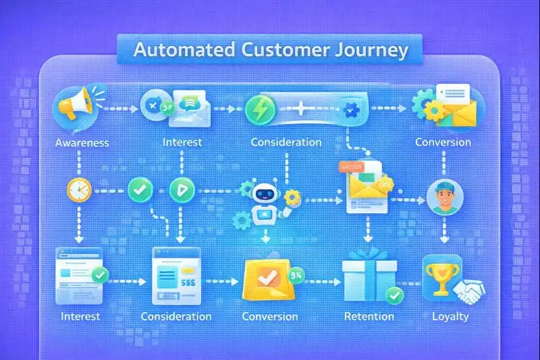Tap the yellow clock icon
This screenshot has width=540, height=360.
tap(78, 190)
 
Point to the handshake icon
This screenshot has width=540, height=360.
tap(466, 292)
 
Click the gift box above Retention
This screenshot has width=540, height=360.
tap(364, 277)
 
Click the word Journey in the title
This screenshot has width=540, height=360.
tap(373, 51)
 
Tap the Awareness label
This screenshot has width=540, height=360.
tap(82, 143)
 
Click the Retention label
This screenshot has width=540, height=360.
tap(369, 316)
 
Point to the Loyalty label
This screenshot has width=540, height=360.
tap(450, 316)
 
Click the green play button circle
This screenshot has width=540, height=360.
tap(181, 190)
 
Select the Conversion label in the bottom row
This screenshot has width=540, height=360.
tap(270, 316)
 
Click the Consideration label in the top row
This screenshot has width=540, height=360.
tap(286, 143)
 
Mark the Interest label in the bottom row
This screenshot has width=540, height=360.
tap(80, 316)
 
